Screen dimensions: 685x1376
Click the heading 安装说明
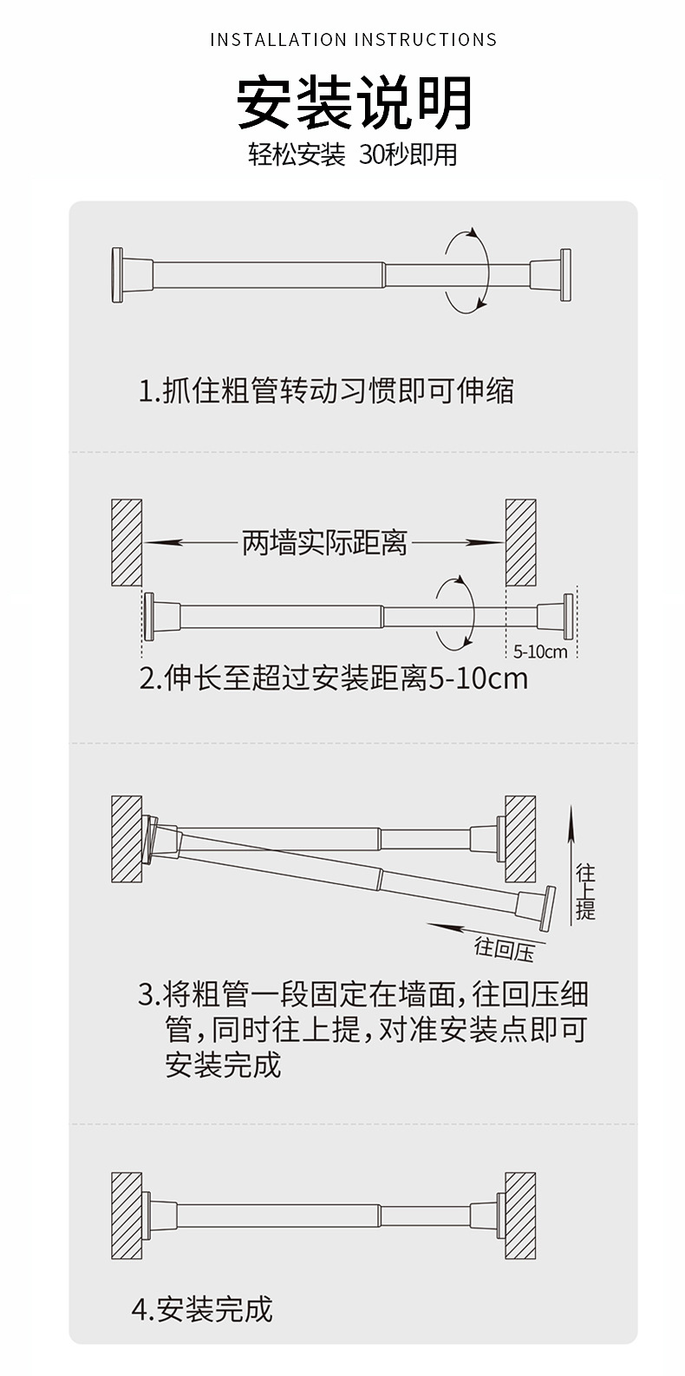tap(354, 102)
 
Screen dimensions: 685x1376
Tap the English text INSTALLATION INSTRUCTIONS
tap(354, 40)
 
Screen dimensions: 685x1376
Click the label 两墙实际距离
tap(323, 544)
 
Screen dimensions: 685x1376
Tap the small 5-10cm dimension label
tap(540, 651)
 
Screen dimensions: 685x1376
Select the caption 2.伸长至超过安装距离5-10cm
tap(334, 678)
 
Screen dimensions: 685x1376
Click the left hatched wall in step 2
tap(127, 541)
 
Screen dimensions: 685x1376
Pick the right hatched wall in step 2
tap(521, 541)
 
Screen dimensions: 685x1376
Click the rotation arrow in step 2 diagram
tap(454, 613)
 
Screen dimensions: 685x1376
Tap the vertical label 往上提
tap(586, 891)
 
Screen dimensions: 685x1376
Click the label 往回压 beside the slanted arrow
tap(504, 948)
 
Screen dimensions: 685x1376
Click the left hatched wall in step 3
tap(127, 838)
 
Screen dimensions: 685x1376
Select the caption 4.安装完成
tap(202, 1308)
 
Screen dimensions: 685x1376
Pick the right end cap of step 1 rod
tap(564, 275)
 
